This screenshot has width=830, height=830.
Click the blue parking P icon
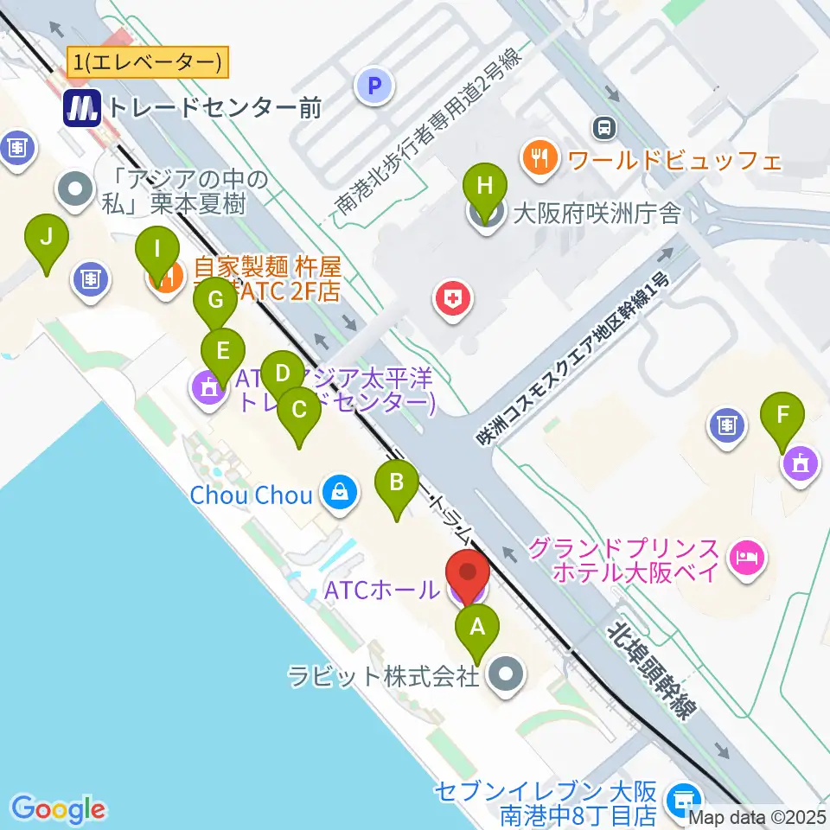pyautogui.click(x=374, y=86)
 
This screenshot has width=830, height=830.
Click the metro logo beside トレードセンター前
pyautogui.click(x=83, y=107)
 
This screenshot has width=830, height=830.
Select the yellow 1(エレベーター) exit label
pyautogui.click(x=147, y=62)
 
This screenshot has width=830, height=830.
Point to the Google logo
pyautogui.click(x=57, y=809)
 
